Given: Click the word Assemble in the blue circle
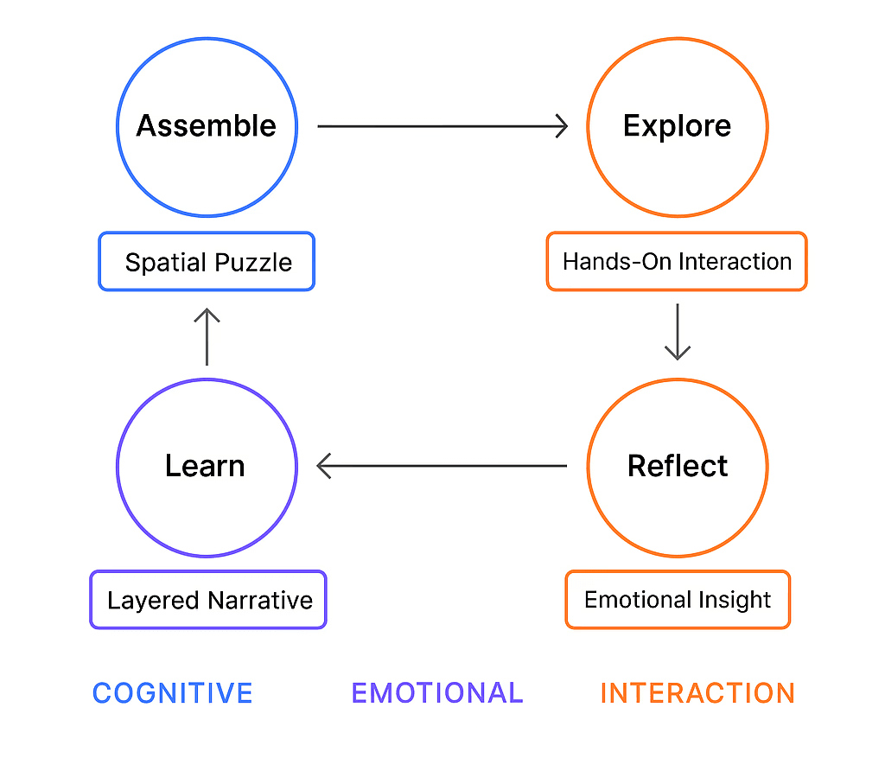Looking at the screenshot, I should pos(207,126).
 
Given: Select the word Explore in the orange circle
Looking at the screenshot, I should pos(677,126).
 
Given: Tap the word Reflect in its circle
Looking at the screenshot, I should pos(678,467).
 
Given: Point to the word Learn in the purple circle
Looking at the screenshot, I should pos(205,467).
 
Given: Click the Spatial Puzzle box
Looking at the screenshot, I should pos(207,262).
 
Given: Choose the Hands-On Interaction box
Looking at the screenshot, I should pos(677,261).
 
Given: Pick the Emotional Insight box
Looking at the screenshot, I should pos(678,600).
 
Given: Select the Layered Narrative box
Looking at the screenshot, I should pos(208,600).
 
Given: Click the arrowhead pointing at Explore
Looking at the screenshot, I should pos(562,126).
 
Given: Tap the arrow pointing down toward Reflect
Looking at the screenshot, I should pos(678,332).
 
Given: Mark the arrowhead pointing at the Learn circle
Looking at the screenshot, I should pos(325,467).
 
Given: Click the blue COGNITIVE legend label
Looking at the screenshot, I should pos(172,693).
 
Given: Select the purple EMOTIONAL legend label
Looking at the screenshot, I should pos(437,693).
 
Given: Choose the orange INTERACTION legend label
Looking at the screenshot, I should pos(697,693).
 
